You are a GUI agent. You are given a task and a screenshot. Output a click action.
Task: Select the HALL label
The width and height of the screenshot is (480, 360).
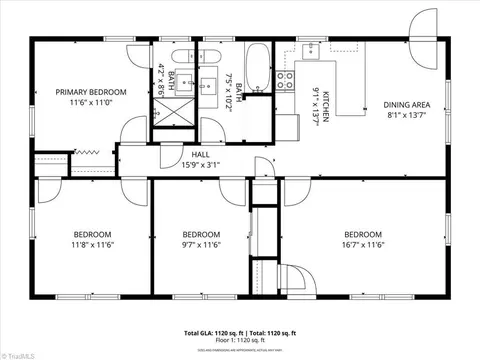coord(200,154)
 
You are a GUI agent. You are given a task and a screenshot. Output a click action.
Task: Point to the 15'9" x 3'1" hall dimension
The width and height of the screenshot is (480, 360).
coord(200,165)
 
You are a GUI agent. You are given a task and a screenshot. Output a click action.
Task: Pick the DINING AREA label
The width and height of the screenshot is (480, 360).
coord(407,104)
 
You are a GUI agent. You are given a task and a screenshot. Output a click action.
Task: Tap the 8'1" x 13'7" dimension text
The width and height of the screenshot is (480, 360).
coord(407,115)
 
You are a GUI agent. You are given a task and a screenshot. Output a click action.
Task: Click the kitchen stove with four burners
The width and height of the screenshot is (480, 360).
coord(284,77)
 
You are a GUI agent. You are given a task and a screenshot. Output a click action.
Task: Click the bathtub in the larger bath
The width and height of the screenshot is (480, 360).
coord(257,67)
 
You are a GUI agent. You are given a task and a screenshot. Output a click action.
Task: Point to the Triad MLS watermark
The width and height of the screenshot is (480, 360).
coord(17,353)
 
